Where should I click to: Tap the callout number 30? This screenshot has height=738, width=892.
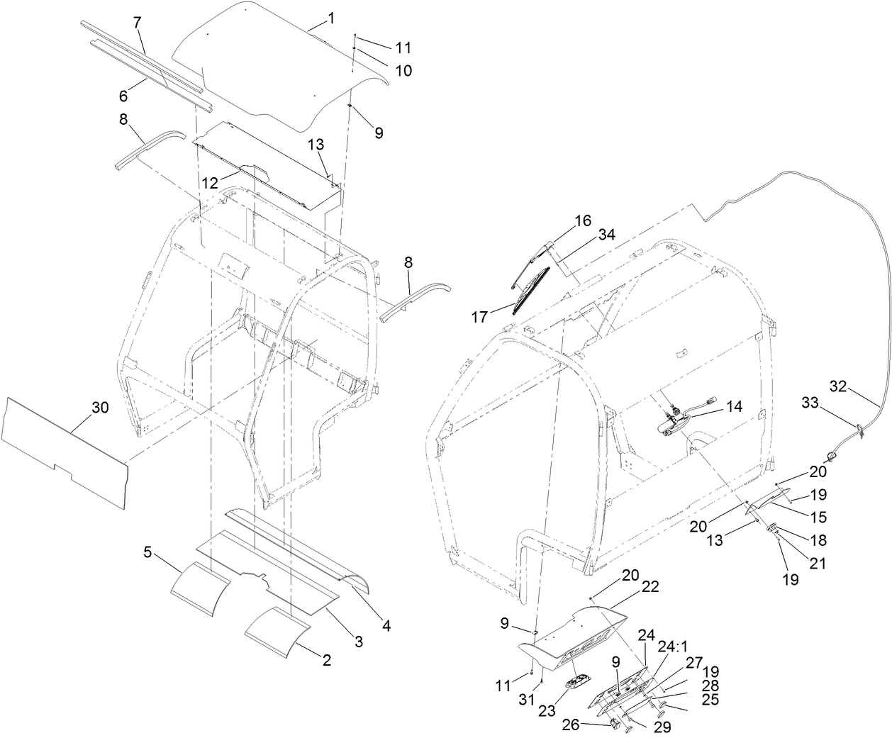click(101, 407)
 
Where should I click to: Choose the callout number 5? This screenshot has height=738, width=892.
click(147, 551)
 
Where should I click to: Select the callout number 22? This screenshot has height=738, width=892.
click(650, 587)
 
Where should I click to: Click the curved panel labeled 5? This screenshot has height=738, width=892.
click(199, 591)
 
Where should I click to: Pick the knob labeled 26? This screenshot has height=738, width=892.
click(610, 724)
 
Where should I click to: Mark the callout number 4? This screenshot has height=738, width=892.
click(387, 626)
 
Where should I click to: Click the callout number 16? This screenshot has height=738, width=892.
click(582, 220)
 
